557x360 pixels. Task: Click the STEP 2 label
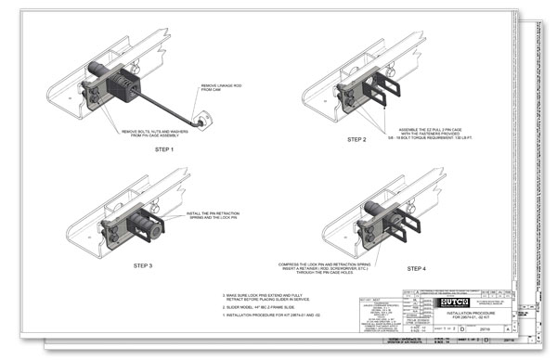pos(357,139)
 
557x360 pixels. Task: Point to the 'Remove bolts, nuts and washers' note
pos(150,134)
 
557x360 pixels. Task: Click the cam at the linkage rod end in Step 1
pos(202,119)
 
